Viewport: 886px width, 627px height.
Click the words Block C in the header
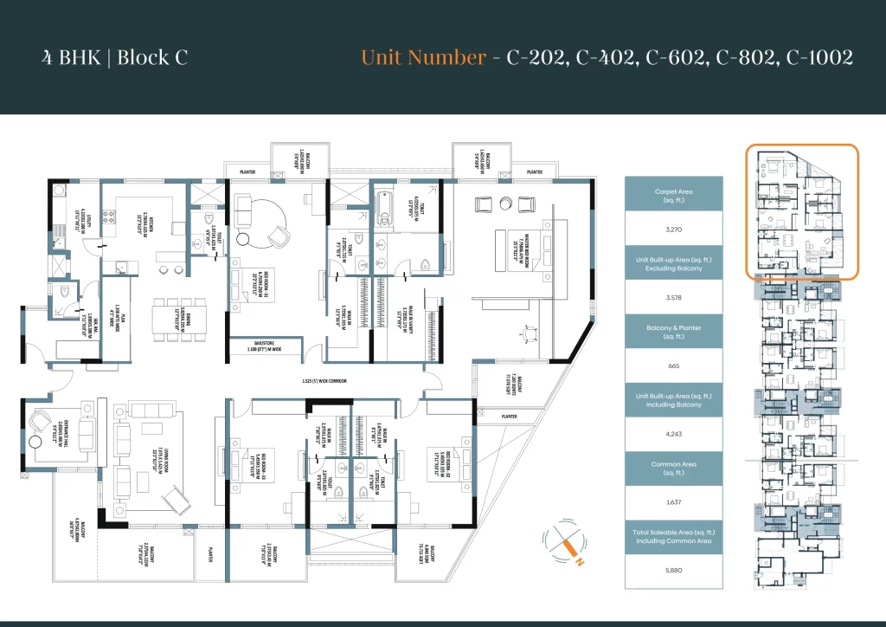click(152, 58)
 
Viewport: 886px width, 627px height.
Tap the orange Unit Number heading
click(423, 58)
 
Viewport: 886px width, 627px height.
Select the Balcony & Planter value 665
click(674, 365)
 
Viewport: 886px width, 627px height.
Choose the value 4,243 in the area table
click(674, 435)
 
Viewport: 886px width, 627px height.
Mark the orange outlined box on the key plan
click(802, 212)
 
